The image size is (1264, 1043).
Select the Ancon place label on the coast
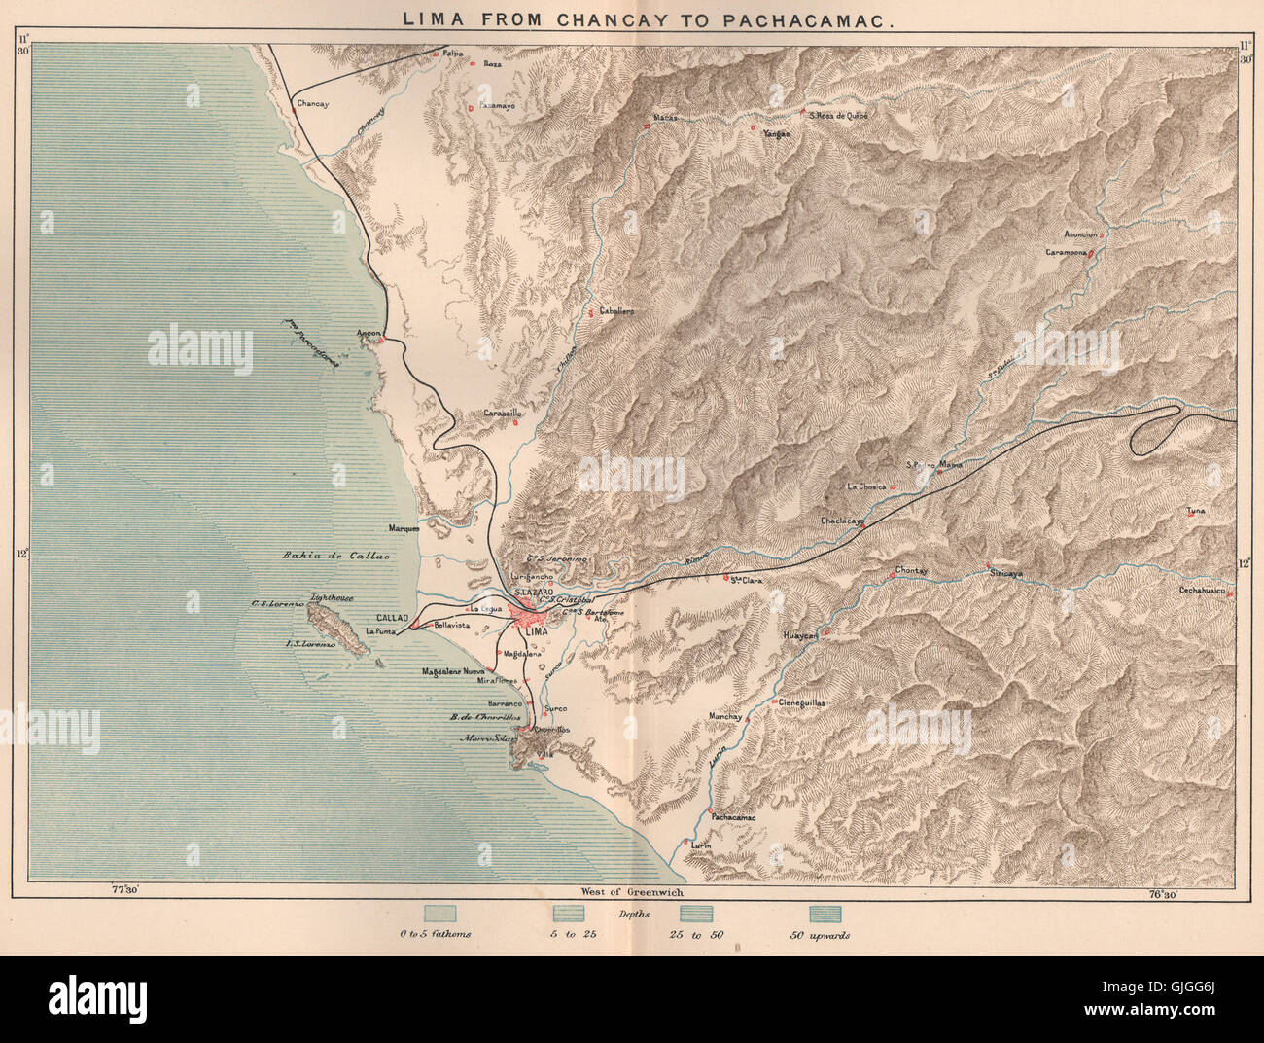[369, 333]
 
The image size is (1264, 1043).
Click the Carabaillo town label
[497, 413]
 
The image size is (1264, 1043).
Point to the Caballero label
[615, 310]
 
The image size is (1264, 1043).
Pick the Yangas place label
[776, 134]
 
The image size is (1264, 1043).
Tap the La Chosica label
[863, 486]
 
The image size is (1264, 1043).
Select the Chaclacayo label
[842, 521]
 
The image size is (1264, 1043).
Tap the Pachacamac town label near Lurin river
[733, 818]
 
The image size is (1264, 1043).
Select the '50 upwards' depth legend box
[825, 915]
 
